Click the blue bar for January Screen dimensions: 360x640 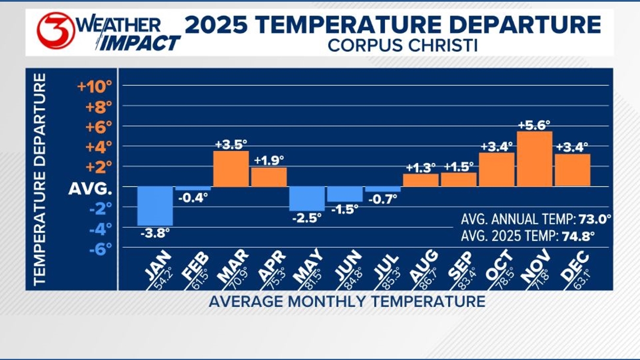coord(155,206)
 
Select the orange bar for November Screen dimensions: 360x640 coord(534,159)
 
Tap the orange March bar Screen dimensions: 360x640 coord(231,168)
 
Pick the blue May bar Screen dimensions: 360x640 coord(307,198)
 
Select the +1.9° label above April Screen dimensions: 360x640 coord(269,161)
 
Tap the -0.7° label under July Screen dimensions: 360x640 coord(382,198)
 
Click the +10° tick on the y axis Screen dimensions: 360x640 coord(95,87)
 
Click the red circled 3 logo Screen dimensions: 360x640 coord(56,31)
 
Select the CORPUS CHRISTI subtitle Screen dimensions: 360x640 coord(403,45)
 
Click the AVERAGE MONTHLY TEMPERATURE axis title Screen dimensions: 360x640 coord(347,302)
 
